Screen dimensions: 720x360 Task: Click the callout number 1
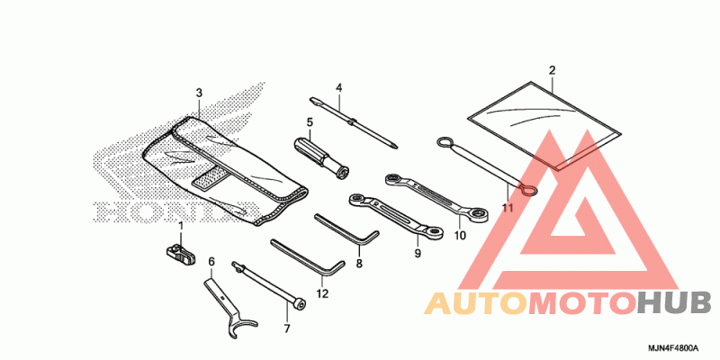(180, 225)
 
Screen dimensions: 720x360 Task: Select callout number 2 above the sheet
(552, 70)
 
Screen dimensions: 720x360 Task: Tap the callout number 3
(199, 93)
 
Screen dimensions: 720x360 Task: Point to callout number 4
(339, 87)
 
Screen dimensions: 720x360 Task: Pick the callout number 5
(310, 121)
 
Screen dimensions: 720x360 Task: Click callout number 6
(211, 262)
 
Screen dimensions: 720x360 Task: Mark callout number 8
(358, 265)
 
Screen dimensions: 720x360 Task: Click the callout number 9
(418, 255)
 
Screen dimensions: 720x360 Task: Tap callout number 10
(460, 236)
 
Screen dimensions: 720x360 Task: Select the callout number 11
(508, 208)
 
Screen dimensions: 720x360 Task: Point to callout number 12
(323, 293)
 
